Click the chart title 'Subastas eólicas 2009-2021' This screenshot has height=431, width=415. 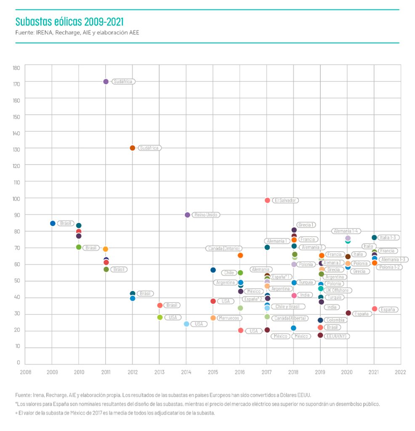point(69,21)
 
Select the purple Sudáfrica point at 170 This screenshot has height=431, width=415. point(106,82)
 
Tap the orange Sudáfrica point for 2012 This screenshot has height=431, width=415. point(133,148)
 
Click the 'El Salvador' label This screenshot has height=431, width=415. point(286,200)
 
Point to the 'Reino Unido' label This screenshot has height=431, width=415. point(206,215)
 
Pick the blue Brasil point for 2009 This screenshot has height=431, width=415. point(53,223)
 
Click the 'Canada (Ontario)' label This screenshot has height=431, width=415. point(224,248)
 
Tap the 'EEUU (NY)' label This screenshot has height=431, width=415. point(337,336)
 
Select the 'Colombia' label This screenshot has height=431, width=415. point(336,320)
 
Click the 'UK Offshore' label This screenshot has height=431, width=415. point(338,290)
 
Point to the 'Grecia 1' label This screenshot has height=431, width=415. point(306,225)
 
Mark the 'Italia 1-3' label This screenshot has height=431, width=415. point(388,237)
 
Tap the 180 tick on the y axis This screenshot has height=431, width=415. point(16,67)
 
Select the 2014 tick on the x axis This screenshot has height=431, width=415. point(186,372)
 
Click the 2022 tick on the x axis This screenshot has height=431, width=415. point(400,372)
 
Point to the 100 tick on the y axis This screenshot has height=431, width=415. point(16,198)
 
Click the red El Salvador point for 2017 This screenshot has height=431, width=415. point(267,200)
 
